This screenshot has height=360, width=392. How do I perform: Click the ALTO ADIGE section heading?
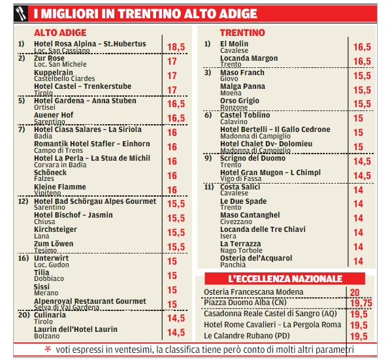(59, 33)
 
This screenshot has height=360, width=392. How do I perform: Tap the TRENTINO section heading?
(242, 33)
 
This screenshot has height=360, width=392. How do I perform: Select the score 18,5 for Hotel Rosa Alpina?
(176, 47)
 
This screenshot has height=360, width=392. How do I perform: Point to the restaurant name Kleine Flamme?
(61, 187)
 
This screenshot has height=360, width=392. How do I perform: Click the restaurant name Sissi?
(42, 287)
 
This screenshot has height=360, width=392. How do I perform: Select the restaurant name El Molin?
(235, 44)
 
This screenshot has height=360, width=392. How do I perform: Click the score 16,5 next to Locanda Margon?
(362, 61)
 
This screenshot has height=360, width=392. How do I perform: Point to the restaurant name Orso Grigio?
(240, 101)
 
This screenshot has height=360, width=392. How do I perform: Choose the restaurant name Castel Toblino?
(246, 116)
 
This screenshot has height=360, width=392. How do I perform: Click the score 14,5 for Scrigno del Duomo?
(362, 161)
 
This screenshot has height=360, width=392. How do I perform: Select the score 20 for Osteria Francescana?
(355, 292)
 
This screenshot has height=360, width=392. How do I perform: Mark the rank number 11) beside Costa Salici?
(208, 187)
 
